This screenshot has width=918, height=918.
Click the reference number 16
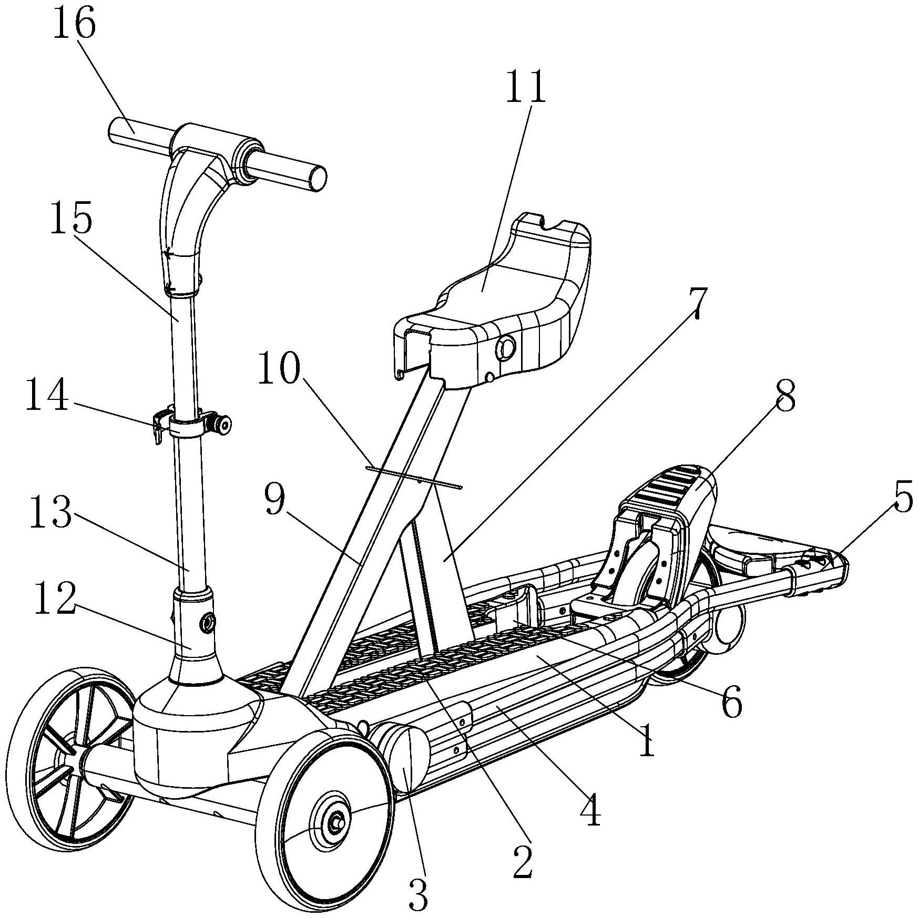(74, 25)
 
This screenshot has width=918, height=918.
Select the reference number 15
(72, 219)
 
